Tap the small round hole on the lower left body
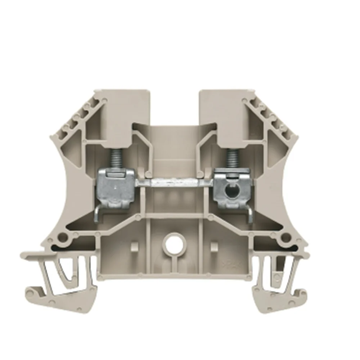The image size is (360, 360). pos(64,237)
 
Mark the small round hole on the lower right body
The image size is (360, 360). pos(286,237)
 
